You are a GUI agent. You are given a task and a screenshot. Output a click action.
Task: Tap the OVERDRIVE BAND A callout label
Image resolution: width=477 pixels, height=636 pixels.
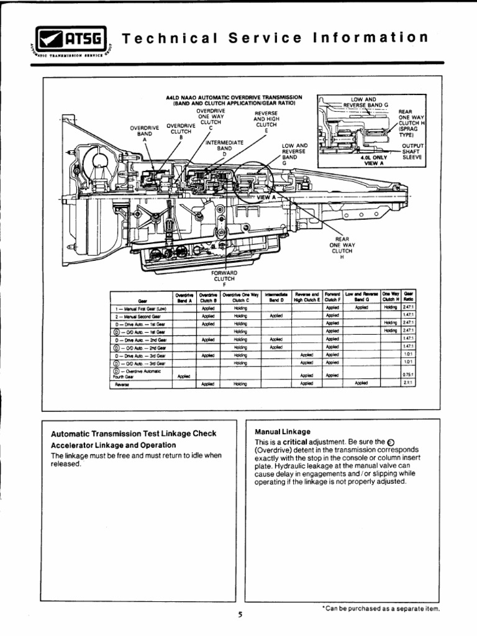[144, 134]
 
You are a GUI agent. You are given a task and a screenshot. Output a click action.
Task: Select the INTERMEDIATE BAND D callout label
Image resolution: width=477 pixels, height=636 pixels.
[224, 148]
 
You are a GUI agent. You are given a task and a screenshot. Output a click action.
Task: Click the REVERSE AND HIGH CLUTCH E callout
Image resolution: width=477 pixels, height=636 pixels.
[266, 122]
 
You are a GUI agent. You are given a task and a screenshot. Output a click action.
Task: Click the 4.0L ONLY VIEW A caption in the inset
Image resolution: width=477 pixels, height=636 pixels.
[370, 160]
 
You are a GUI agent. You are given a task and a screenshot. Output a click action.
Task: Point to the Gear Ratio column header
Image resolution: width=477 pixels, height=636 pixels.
[408, 296]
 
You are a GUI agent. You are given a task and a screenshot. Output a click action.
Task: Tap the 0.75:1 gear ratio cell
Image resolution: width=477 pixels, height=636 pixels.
[407, 375]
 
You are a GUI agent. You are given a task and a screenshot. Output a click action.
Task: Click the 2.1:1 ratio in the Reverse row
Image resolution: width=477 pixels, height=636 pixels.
[407, 383]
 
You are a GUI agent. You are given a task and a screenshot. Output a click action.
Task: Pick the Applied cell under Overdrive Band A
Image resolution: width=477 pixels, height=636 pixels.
[184, 376]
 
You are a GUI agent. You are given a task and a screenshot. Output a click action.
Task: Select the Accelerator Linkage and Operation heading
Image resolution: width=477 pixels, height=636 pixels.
[113, 445]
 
